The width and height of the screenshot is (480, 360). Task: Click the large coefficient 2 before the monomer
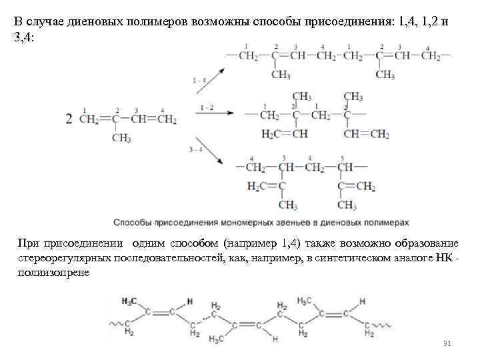click(69, 119)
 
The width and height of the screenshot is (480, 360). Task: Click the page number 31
click(447, 343)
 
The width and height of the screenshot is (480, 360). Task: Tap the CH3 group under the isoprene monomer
click(121, 138)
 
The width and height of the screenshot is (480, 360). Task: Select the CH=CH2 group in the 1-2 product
click(366, 134)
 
